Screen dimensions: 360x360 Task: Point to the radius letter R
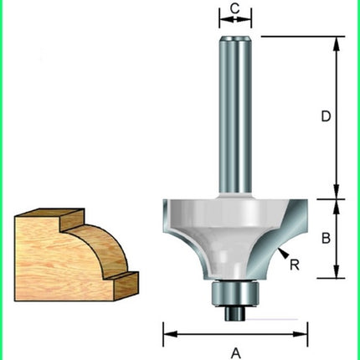295,265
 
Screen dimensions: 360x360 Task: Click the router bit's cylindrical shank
235,117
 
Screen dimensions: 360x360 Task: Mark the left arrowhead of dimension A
167,333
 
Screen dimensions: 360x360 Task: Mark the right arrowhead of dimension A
304,333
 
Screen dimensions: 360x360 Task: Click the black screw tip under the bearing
235,314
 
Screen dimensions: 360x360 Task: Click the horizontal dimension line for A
251,333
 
